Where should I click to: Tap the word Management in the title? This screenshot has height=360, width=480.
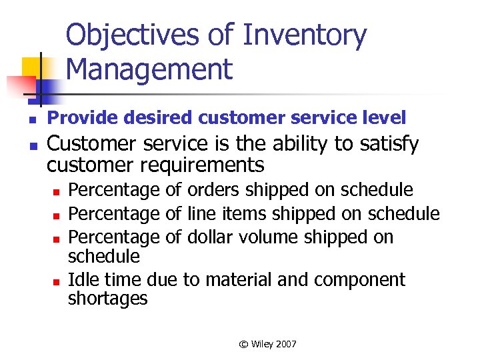tap(150, 69)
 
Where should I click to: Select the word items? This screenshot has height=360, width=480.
tap(241, 213)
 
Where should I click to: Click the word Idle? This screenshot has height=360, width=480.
tap(84, 279)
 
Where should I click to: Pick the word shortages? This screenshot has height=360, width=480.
tap(108, 299)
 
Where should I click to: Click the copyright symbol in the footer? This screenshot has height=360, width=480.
tap(243, 344)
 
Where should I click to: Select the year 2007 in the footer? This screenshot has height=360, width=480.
tap(285, 344)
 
